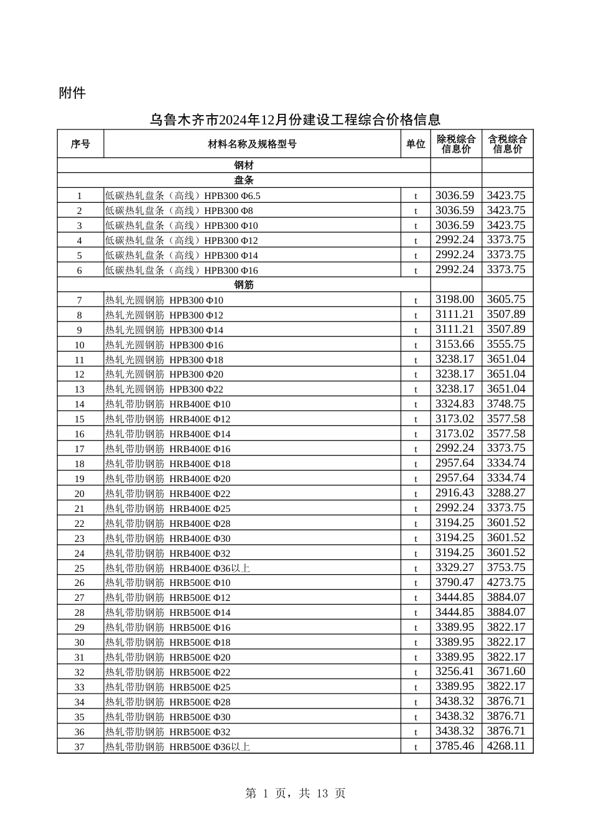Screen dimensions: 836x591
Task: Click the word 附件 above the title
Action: coord(72,93)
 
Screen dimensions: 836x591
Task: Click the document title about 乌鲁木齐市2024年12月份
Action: coord(295,119)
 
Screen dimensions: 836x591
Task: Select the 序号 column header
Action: coord(80,144)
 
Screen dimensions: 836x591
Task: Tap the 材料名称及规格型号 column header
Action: coord(252,144)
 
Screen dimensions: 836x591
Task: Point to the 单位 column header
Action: coord(416,144)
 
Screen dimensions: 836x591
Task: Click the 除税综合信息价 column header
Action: coord(456,144)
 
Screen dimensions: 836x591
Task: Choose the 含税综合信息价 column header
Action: coord(507,144)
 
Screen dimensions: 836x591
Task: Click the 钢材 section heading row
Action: coord(244,165)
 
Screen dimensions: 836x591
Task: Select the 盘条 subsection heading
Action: coord(244,180)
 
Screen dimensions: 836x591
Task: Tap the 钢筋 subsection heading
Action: coord(244,285)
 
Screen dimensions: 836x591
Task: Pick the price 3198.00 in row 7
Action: coord(455,300)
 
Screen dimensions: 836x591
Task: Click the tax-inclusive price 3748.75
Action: coord(506,404)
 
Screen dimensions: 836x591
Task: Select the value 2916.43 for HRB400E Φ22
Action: coord(455,493)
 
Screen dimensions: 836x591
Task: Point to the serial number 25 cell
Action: coord(80,569)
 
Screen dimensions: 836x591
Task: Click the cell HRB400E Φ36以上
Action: coord(178,569)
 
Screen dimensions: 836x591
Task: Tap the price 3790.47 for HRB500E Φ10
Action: coord(455,583)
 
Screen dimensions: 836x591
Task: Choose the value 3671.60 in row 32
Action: coord(506,672)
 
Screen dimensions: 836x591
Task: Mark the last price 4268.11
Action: coord(506,746)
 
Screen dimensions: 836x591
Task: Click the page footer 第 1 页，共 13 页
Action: coord(295,794)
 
